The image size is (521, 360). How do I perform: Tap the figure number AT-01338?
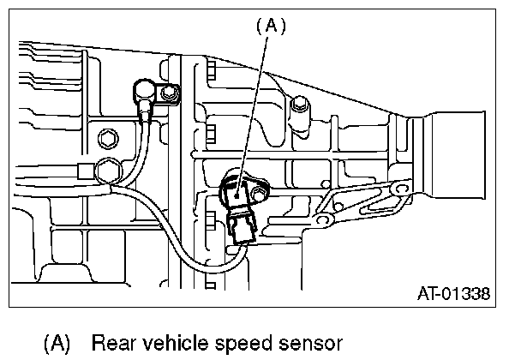pyautogui.click(x=453, y=293)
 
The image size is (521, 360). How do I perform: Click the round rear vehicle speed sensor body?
pyautogui.click(x=237, y=191)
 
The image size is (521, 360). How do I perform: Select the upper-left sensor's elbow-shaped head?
pyautogui.click(x=143, y=89)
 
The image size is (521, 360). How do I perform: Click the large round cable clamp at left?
pyautogui.click(x=109, y=171)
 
